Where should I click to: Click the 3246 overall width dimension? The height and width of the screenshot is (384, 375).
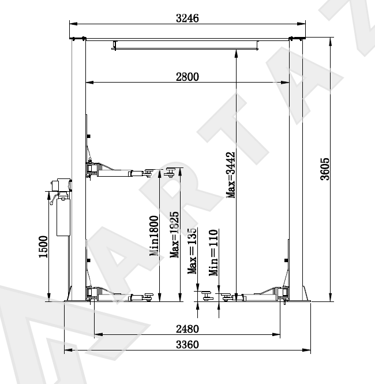point(187,18)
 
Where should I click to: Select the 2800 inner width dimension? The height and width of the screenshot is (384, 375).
point(187,77)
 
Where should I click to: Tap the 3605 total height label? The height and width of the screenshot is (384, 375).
point(325,169)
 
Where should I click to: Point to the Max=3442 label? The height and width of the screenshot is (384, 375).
point(230,175)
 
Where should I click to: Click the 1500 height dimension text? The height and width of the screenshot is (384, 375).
point(43,247)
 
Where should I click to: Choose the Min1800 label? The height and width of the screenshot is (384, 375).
point(154,236)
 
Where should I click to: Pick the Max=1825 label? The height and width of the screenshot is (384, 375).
point(174,235)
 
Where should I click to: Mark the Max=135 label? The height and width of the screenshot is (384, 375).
point(192,251)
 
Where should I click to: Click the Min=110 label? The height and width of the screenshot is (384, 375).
point(213,252)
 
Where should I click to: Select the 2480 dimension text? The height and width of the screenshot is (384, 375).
point(187,329)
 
